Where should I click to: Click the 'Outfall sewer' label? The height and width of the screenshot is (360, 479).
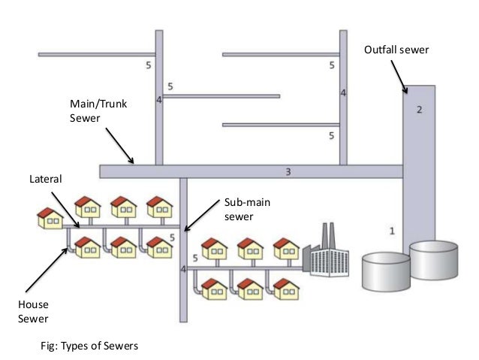396,51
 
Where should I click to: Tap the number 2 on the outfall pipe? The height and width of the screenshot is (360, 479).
419,110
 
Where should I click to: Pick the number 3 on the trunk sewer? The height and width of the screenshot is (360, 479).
289,171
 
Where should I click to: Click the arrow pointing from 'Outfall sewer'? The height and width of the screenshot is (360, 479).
399,77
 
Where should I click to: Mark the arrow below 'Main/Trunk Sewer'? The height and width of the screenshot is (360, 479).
120,145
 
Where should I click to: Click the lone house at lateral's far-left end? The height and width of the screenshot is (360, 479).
50,219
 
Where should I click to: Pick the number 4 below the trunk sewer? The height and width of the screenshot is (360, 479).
183,268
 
